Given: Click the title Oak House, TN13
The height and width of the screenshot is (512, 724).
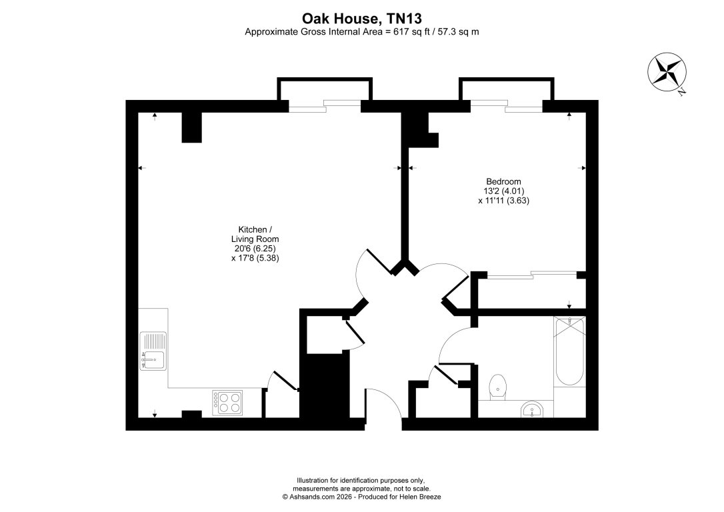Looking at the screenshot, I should coord(362,18).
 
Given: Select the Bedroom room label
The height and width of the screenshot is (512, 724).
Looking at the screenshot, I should coord(503,181).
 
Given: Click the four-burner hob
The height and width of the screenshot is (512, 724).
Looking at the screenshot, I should coord(228,403).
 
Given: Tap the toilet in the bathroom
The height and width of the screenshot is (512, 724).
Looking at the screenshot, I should coord(497,386).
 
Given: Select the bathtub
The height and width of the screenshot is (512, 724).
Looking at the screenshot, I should coord(569,352).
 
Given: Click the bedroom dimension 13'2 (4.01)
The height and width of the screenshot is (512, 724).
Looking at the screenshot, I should coord(503,191).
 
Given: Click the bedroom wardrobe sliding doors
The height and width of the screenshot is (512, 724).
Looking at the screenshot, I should coord(531,274).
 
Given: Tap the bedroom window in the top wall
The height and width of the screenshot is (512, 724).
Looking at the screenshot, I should coord(505,106).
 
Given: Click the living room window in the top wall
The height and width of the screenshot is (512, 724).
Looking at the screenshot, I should coord(325,106).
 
